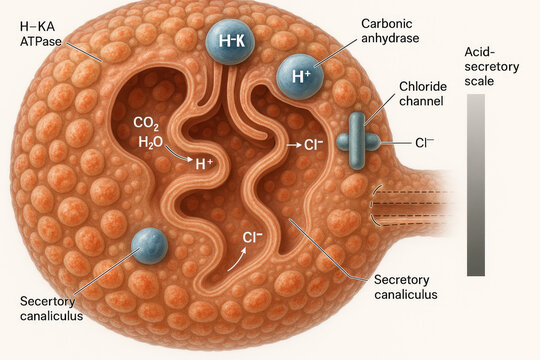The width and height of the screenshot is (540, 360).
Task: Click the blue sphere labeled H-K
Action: tap(231, 43)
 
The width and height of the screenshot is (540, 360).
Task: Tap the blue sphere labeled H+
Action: tap(299, 76)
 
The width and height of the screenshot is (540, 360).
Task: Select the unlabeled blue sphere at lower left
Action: tap(150, 247)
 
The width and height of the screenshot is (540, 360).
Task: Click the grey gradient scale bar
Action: tap(476, 184)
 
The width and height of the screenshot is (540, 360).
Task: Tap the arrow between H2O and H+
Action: tap(179, 156)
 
